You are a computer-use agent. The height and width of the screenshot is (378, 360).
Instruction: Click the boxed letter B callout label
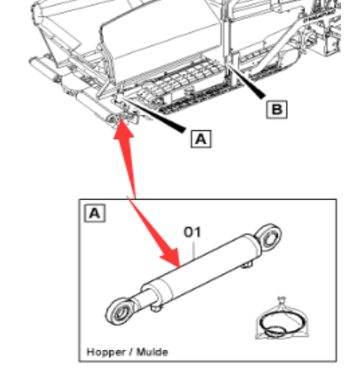(x=277, y=109)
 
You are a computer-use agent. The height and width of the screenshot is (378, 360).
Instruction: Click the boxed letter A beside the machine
(x=201, y=138)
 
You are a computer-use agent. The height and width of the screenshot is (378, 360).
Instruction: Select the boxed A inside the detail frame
(x=95, y=213)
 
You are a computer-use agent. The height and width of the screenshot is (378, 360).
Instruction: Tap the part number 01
(x=193, y=232)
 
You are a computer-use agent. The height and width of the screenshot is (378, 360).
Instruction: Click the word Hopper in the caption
(x=102, y=352)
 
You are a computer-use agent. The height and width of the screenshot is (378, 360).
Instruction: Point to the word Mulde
(x=152, y=352)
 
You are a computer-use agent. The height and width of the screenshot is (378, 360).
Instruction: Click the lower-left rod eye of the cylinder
(x=119, y=311)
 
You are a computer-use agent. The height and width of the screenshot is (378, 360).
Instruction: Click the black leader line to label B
(x=246, y=81)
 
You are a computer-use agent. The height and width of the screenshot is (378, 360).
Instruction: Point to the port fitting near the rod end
(x=156, y=308)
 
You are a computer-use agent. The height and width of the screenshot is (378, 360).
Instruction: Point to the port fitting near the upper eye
(x=247, y=265)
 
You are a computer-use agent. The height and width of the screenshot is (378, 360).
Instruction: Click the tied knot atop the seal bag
(x=281, y=300)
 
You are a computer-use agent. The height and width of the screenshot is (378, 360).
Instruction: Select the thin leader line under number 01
(x=194, y=249)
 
